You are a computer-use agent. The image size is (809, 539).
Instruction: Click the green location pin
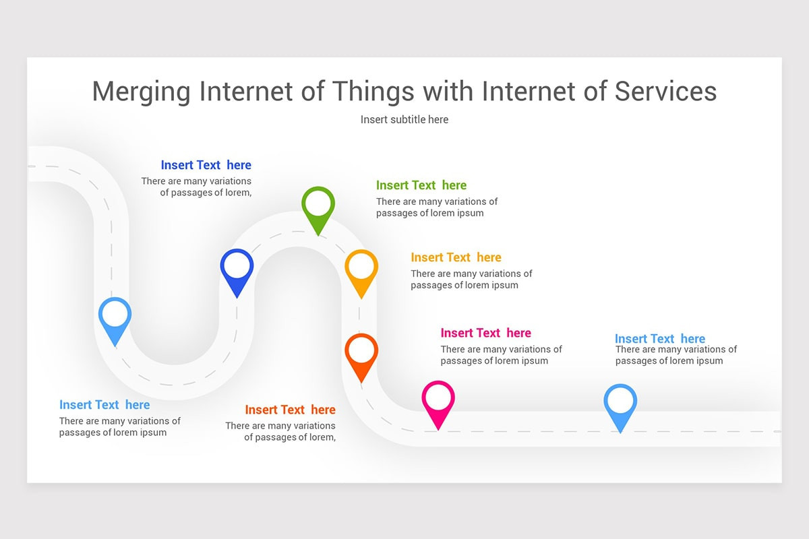pyautogui.click(x=318, y=205)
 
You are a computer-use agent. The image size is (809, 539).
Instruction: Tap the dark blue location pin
pyautogui.click(x=237, y=267)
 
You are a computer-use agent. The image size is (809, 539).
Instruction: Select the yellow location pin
pyautogui.click(x=361, y=267)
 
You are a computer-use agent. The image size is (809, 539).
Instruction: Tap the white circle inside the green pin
pyautogui.click(x=318, y=202)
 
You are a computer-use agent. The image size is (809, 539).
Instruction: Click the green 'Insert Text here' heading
pyautogui.click(x=421, y=185)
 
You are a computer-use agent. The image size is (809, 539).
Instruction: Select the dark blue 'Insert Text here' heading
pyautogui.click(x=206, y=165)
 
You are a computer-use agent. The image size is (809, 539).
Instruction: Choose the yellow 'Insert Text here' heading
pyautogui.click(x=456, y=257)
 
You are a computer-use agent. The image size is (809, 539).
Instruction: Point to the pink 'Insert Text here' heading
pyautogui.click(x=485, y=333)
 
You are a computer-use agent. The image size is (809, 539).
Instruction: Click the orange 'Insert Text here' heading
pyautogui.click(x=290, y=410)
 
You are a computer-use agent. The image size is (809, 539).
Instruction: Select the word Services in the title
pyautogui.click(x=665, y=91)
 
